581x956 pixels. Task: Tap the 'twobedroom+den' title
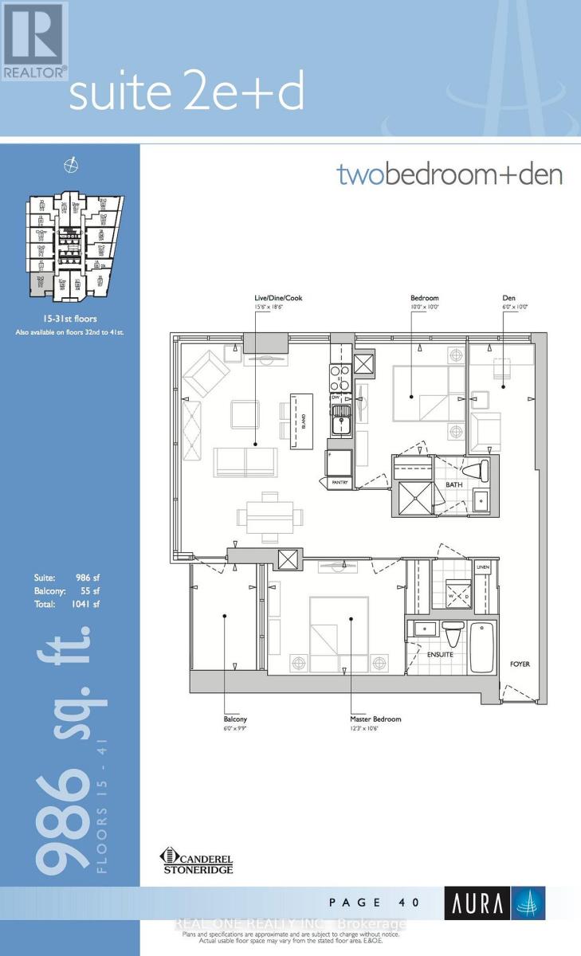pos(449,174)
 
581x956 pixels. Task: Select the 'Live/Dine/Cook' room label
pos(274,298)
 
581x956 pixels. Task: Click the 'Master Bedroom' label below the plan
pos(375,719)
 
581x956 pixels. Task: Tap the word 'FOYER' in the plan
pos(520,664)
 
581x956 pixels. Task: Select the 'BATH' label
pos(454,484)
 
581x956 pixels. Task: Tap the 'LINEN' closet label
pos(481,566)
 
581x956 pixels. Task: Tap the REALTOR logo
pos(33,41)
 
